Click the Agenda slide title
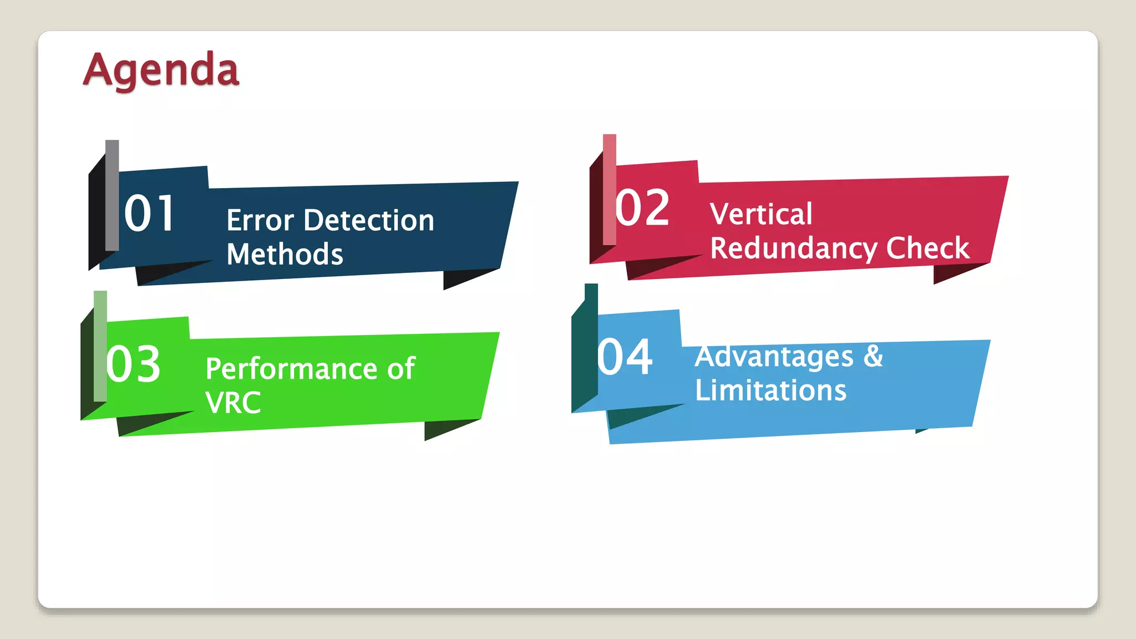tap(161, 70)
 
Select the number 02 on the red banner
tap(642, 208)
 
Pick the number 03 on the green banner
tap(133, 364)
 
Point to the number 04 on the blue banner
tap(625, 358)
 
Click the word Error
tap(260, 221)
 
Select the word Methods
tap(285, 255)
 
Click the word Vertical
tap(761, 214)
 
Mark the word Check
tap(927, 248)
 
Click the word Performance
tap(291, 369)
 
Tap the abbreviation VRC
tap(233, 403)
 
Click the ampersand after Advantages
tap(873, 356)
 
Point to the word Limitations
tap(770, 390)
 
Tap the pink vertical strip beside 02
tap(610, 189)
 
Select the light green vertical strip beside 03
tap(100, 345)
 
